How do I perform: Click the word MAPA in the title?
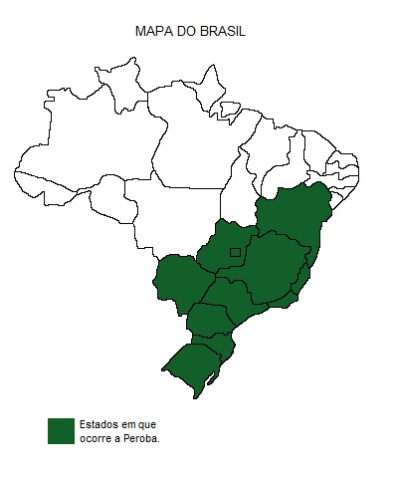151,32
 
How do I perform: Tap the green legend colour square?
61,430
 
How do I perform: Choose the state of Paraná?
208,320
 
